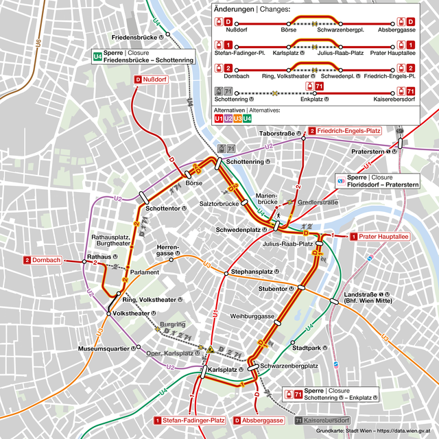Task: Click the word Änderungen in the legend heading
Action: tap(234, 9)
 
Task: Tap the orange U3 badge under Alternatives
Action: tap(238, 118)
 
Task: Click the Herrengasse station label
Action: tap(167, 250)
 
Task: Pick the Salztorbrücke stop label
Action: tap(218, 204)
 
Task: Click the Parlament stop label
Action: tap(143, 272)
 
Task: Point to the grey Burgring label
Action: tap(172, 324)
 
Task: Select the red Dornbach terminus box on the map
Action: tap(43, 260)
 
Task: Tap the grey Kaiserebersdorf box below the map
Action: tap(322, 420)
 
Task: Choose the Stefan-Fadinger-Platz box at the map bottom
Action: tap(190, 420)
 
